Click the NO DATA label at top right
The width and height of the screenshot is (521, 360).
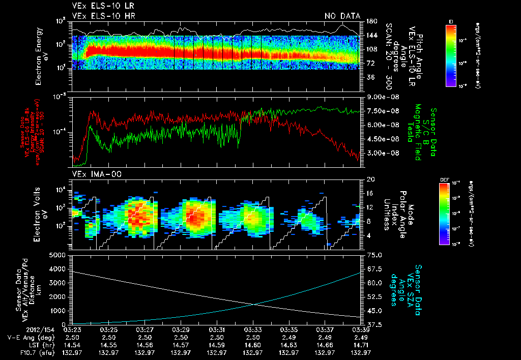pyautogui.click(x=342, y=16)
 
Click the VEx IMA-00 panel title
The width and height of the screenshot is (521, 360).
pyautogui.click(x=97, y=174)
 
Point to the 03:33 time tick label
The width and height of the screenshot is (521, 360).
pyautogui.click(x=253, y=331)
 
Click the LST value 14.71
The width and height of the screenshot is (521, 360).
pyautogui.click(x=361, y=345)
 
